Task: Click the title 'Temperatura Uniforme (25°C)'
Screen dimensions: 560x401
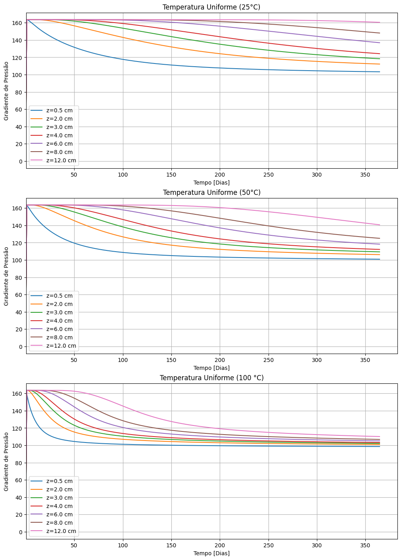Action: (211, 7)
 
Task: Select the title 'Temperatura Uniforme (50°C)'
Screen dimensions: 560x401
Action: (211, 192)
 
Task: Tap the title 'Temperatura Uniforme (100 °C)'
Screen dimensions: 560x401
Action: (211, 378)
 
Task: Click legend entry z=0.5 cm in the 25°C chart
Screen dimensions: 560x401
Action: (59, 110)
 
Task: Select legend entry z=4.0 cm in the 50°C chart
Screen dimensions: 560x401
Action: (59, 321)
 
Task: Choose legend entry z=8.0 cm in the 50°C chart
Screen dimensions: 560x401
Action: (59, 337)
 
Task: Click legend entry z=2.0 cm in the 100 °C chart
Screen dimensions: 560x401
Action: (59, 489)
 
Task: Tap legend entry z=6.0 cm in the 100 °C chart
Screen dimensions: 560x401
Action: (59, 514)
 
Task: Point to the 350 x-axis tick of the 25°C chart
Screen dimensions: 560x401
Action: (365, 175)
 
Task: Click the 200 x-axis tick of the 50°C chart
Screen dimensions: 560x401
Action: (220, 360)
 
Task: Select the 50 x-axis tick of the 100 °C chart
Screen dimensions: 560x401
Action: (74, 546)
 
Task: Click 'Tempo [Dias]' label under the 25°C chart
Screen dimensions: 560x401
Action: (211, 183)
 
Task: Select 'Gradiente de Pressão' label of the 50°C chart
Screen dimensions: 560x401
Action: (6, 276)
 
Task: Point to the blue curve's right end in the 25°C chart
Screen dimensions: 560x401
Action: (380, 72)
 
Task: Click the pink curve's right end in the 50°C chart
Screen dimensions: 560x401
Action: (380, 225)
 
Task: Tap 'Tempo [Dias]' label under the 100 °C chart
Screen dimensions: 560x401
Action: (211, 553)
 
